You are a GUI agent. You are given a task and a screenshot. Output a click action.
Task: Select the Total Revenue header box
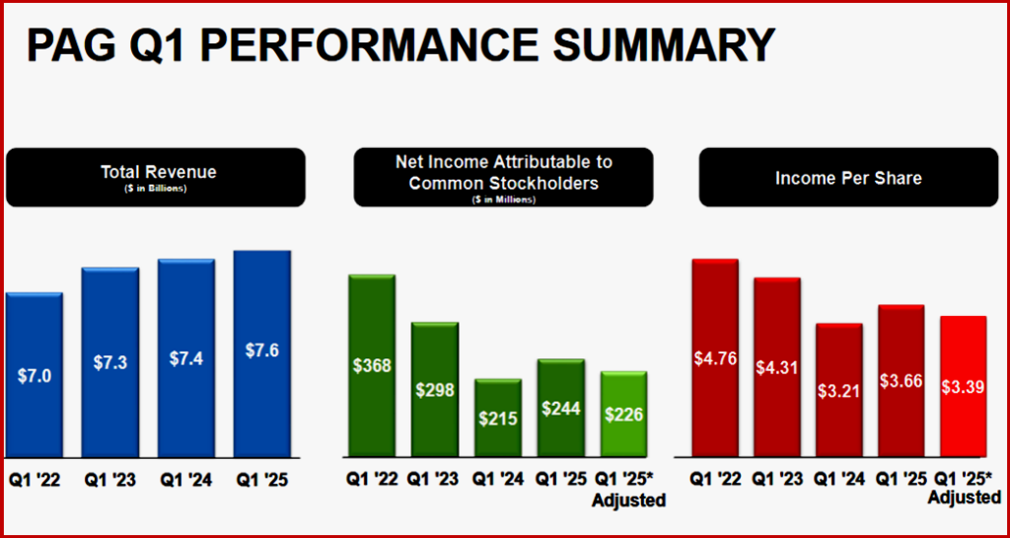[155, 177]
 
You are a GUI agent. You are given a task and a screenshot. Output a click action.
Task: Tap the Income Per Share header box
[848, 178]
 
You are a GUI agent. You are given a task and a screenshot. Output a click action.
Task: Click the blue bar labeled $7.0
[35, 375]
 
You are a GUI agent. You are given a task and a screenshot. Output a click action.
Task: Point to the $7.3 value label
[109, 362]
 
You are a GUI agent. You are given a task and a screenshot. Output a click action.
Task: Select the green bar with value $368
[372, 365]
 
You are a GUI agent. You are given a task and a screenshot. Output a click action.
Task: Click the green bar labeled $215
[498, 418]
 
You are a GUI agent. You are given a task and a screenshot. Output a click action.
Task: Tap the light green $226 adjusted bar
[623, 415]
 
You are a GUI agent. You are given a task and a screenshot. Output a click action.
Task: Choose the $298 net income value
[435, 390]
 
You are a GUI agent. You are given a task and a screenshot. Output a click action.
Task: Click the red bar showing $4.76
[716, 357]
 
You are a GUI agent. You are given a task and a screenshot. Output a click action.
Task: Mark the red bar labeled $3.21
[839, 390]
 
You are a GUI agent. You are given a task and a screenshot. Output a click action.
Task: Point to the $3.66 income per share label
[902, 380]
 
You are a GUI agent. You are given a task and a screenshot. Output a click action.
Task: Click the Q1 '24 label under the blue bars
[185, 481]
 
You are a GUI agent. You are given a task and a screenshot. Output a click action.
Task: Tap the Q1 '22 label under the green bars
[372, 481]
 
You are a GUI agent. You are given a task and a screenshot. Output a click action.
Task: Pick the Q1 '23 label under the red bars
[777, 481]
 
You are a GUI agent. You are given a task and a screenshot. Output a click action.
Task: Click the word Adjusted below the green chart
[628, 500]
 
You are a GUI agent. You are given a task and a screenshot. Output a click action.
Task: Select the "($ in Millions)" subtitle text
[503, 199]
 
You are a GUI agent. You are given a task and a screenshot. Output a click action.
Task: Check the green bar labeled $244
[560, 408]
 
